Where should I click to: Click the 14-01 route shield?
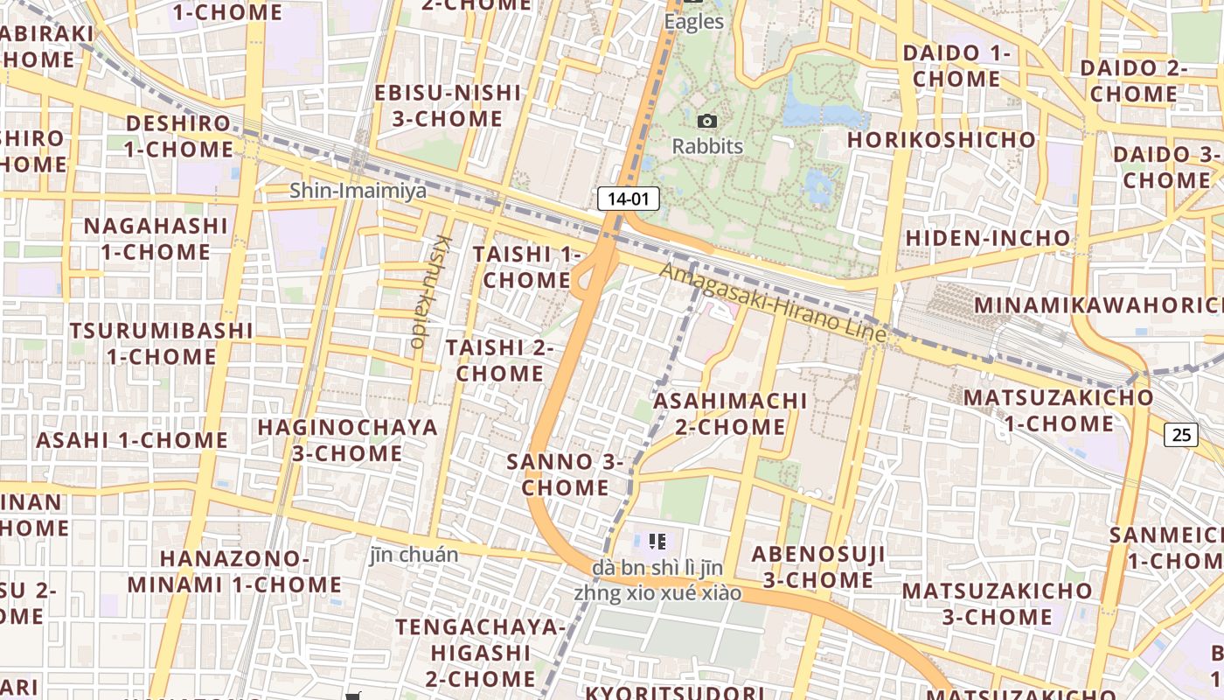click(628, 199)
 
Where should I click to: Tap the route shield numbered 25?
click(1181, 433)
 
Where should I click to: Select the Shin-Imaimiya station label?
click(358, 190)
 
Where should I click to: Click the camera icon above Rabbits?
click(707, 122)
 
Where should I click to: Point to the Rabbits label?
click(707, 146)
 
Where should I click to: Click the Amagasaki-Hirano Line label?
click(773, 302)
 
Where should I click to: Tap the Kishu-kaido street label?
click(428, 291)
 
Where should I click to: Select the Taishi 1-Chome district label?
click(526, 267)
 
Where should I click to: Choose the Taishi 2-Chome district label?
click(500, 360)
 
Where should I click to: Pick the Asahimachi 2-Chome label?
click(730, 414)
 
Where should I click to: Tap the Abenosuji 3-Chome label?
click(818, 566)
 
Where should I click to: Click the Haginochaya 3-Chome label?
click(347, 440)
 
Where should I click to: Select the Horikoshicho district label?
click(941, 140)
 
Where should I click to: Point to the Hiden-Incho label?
click(987, 238)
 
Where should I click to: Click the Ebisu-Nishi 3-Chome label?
click(448, 105)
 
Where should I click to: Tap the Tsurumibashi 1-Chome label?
click(162, 343)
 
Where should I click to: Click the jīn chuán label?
click(414, 555)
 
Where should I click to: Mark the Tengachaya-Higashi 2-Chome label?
click(480, 652)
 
